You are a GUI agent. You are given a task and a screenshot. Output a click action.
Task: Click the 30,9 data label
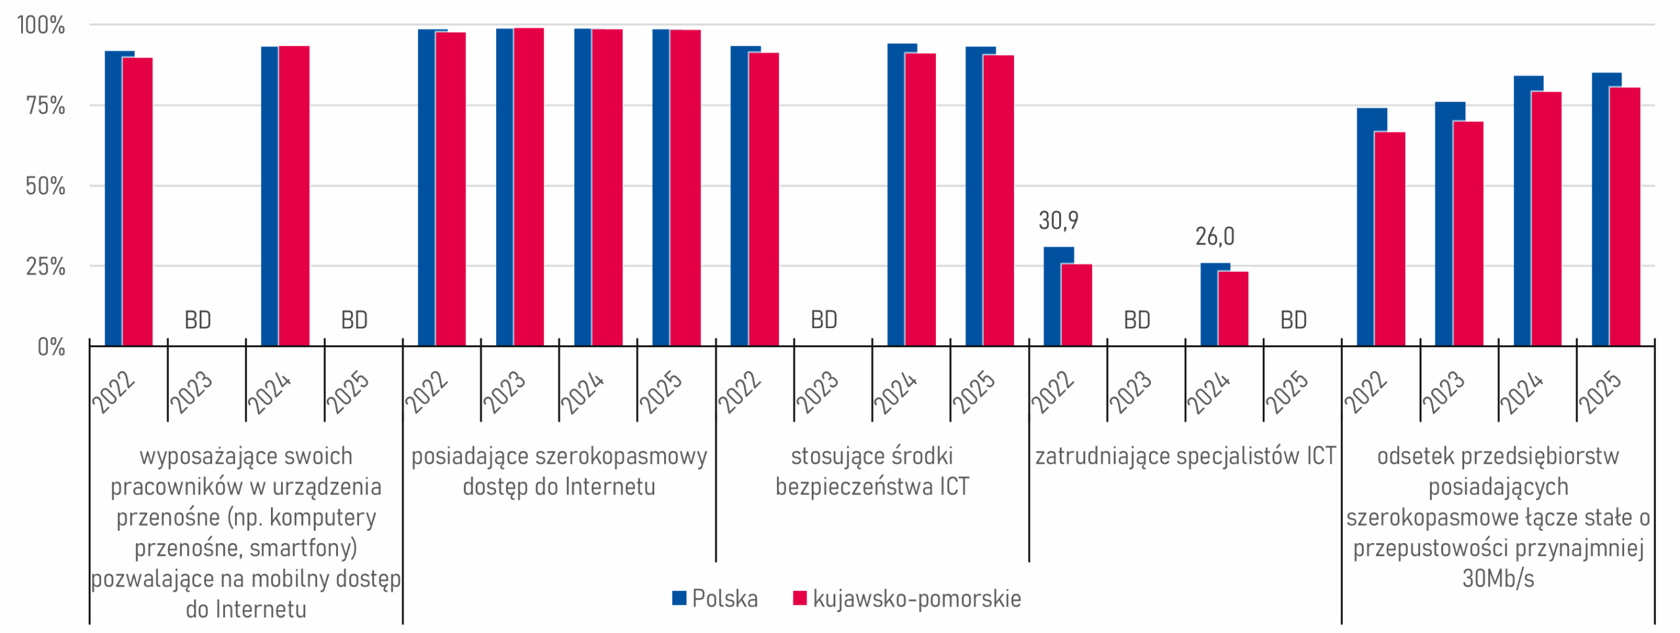(1058, 221)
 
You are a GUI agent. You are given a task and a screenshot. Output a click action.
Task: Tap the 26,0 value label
(1215, 237)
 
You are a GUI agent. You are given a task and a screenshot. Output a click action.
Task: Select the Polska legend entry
(715, 598)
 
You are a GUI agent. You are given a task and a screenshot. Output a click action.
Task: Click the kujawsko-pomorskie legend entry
(907, 598)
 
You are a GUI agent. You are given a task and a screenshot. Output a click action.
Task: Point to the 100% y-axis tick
(41, 26)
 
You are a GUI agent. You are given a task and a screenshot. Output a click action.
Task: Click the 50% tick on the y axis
(45, 186)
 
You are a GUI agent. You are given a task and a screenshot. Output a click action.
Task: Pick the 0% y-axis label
(51, 347)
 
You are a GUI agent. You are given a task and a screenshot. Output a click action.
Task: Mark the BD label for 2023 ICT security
(824, 320)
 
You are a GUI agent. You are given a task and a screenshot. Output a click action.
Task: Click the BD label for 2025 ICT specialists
(1293, 320)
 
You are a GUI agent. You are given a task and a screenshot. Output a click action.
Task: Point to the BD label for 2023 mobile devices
(198, 320)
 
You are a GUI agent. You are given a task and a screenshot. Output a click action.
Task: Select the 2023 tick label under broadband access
(505, 392)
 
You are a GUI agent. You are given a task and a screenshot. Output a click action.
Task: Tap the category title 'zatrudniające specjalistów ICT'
(1185, 456)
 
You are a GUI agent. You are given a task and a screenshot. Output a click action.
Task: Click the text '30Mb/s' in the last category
(1498, 579)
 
